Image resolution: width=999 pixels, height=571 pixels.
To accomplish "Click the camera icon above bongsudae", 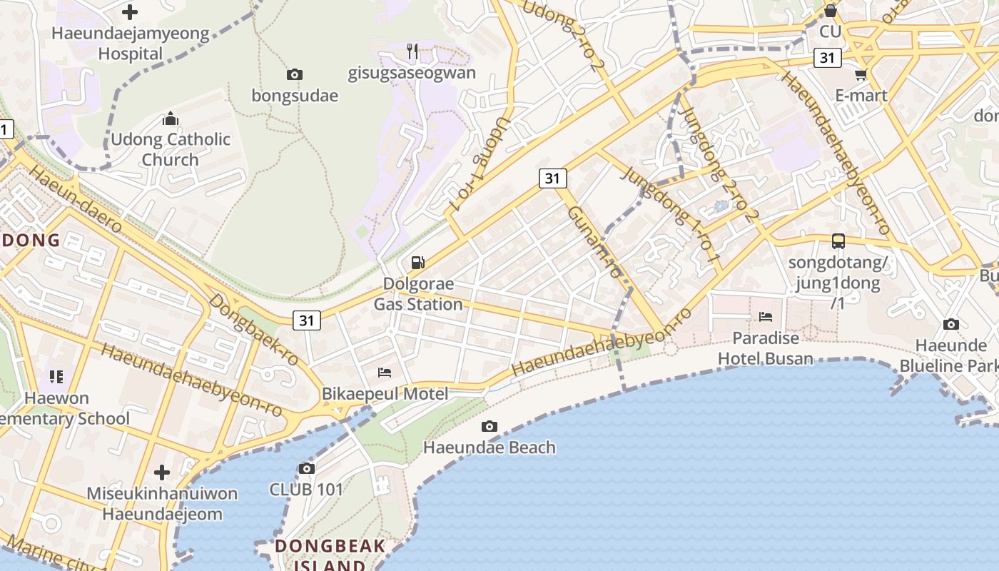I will click(294, 74).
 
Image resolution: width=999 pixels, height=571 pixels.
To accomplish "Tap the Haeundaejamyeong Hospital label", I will click(131, 44).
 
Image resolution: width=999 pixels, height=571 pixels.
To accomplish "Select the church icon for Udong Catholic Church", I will click(171, 118).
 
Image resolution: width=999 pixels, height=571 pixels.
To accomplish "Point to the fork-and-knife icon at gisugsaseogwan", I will click(412, 51).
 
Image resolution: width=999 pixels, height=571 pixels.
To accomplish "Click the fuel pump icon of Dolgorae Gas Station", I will click(418, 263).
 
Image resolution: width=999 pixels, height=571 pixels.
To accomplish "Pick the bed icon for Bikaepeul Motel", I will click(385, 373).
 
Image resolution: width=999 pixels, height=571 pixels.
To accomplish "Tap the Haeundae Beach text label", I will click(490, 448).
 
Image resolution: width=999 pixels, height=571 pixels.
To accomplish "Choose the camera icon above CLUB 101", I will click(307, 469).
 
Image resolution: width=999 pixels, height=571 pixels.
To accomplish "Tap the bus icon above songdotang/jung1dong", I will click(838, 241).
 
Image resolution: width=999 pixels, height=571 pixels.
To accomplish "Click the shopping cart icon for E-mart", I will click(861, 75).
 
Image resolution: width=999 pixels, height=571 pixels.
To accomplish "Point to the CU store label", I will click(831, 31).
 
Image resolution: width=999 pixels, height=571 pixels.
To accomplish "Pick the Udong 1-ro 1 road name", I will click(480, 164).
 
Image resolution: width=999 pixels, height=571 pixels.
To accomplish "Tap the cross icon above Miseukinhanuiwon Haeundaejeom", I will click(162, 472).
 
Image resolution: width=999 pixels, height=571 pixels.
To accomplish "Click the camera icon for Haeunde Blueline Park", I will click(951, 325).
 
